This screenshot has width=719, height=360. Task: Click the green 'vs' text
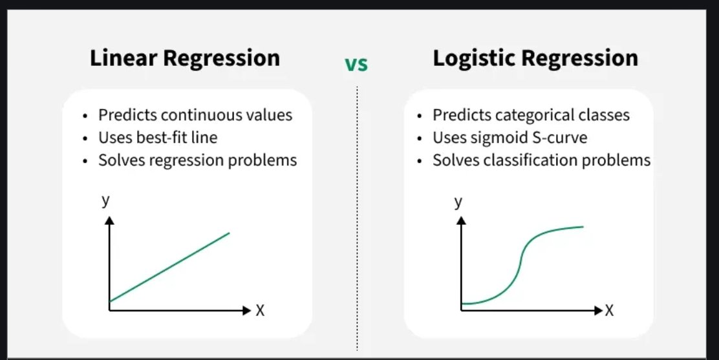tap(356, 65)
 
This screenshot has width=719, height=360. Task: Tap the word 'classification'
tap(528, 160)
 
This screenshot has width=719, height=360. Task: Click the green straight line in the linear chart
tap(169, 267)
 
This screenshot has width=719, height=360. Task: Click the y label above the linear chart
tap(106, 200)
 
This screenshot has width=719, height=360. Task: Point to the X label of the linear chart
tap(260, 311)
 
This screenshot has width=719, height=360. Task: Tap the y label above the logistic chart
tap(458, 202)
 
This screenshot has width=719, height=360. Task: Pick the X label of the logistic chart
tap(608, 311)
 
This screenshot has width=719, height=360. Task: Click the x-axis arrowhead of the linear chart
tap(245, 310)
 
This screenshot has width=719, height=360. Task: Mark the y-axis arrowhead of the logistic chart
tap(461, 220)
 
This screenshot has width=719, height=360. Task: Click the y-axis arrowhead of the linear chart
tap(109, 220)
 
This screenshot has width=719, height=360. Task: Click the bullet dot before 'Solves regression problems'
tap(86, 161)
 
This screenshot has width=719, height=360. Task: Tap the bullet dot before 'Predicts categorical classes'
tap(420, 116)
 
